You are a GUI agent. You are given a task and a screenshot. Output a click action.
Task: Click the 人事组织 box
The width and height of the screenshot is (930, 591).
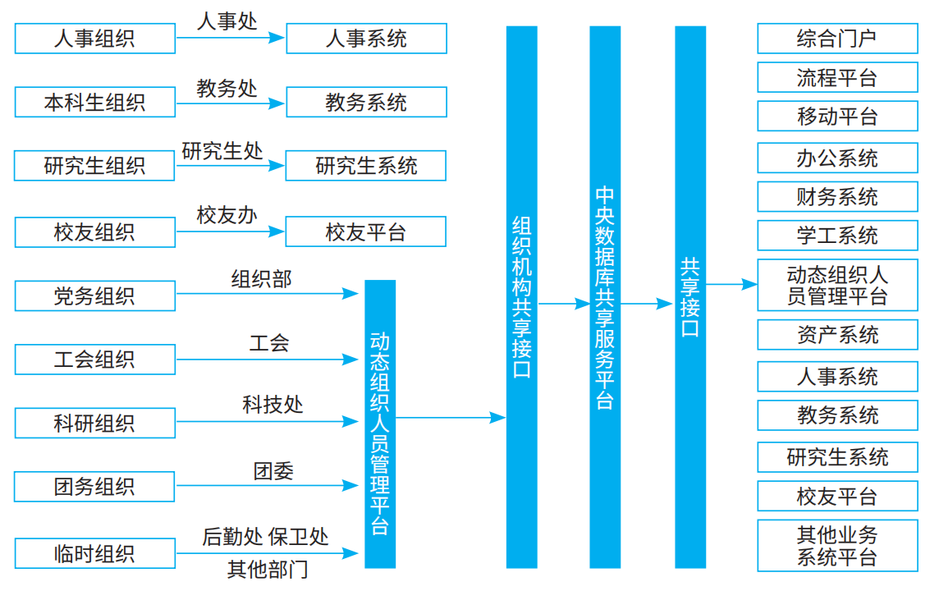click(94, 39)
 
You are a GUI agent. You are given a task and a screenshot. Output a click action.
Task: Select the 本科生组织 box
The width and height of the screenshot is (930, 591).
click(94, 103)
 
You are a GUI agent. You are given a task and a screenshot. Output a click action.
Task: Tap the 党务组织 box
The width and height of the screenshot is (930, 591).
click(94, 295)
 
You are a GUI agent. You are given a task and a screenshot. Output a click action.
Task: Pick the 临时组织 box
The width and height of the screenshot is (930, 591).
click(94, 553)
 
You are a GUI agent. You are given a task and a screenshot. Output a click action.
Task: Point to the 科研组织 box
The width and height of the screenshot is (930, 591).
click(94, 424)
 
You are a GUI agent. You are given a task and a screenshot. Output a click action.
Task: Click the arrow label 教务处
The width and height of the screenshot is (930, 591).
click(227, 88)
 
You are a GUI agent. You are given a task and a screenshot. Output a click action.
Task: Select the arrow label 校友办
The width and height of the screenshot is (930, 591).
click(227, 216)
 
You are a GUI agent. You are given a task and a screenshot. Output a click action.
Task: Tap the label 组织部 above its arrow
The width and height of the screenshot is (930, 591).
click(261, 279)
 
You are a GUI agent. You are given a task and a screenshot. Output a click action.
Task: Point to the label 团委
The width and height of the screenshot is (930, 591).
click(273, 471)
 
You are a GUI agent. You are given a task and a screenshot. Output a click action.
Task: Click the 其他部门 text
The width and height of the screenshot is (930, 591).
click(268, 570)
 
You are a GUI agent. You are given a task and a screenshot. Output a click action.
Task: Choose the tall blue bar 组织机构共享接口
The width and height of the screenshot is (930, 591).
click(521, 297)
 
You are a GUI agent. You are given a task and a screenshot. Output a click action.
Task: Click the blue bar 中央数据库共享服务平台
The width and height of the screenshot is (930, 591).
click(604, 297)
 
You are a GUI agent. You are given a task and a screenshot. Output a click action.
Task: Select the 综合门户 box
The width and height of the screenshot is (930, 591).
click(837, 39)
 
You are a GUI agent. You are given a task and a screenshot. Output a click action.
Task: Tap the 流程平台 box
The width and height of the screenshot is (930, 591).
click(837, 78)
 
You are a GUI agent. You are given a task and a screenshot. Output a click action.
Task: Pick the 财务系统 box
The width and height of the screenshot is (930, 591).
click(837, 197)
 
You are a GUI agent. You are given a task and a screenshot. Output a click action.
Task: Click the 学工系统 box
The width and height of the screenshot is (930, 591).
click(837, 236)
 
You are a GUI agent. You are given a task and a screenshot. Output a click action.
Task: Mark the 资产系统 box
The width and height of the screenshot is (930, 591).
click(837, 335)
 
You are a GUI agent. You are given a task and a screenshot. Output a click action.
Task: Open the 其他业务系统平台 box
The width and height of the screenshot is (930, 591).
click(837, 546)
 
